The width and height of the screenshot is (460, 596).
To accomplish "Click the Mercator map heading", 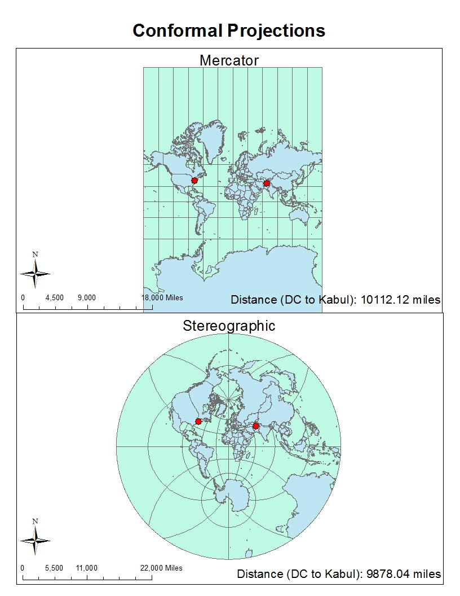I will click(x=229, y=60).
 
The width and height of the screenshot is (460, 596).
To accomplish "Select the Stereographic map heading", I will click(x=229, y=326).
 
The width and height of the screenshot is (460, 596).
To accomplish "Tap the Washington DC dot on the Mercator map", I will click(x=194, y=181).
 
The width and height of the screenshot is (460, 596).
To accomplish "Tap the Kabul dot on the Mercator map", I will click(x=267, y=183).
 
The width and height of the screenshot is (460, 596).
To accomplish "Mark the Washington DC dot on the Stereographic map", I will click(x=198, y=421).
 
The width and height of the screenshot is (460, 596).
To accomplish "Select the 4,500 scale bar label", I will click(x=55, y=297).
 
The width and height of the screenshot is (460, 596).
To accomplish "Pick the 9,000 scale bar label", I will click(x=87, y=297).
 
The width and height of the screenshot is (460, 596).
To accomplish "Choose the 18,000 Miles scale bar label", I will click(x=162, y=297).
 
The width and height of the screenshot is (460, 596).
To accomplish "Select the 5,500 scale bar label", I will click(x=54, y=568).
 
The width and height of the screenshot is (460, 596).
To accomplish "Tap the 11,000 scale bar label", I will click(x=87, y=568).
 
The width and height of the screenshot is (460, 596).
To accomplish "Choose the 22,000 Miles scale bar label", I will click(x=162, y=568).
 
